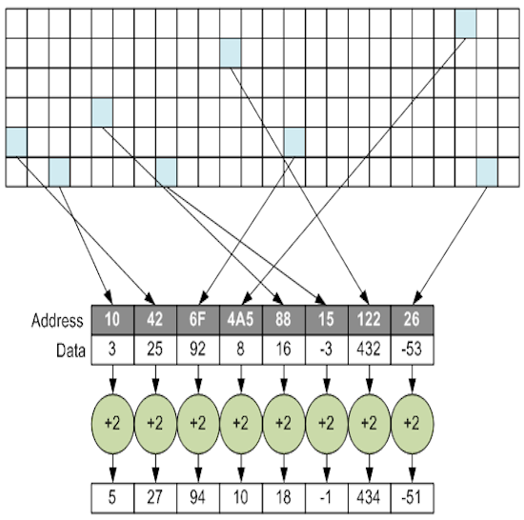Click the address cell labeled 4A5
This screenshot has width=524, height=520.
click(x=241, y=320)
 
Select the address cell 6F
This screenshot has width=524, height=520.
click(x=198, y=320)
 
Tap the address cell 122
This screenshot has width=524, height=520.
click(x=370, y=320)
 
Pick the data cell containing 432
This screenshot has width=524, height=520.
click(x=370, y=350)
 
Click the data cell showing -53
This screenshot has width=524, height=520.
click(x=412, y=350)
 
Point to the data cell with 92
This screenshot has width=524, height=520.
click(x=198, y=350)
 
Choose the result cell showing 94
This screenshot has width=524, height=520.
click(x=198, y=498)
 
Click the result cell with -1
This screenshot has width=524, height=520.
click(x=327, y=498)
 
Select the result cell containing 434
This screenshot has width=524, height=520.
click(x=370, y=498)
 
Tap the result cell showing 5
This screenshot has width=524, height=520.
click(x=112, y=498)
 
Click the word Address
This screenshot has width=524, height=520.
click(x=57, y=321)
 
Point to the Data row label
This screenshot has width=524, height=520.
click(x=71, y=351)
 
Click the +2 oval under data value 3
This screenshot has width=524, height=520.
click(x=112, y=424)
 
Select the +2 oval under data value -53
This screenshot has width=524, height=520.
click(x=412, y=424)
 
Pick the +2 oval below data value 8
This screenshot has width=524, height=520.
click(x=241, y=424)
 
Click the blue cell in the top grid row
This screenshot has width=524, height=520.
click(x=466, y=24)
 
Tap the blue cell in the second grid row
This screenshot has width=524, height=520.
click(x=231, y=53)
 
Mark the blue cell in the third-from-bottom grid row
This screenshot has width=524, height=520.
click(x=102, y=112)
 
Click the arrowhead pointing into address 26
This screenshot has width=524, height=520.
click(x=417, y=297)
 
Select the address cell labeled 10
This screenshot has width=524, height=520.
click(x=112, y=320)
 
